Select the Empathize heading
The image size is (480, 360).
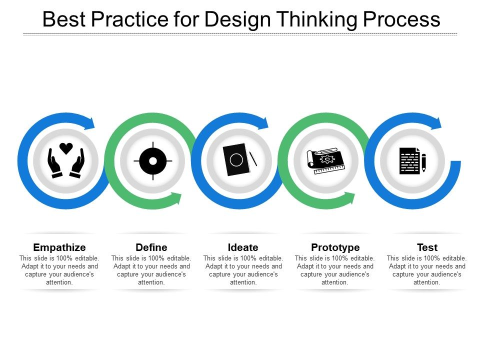point(59,247)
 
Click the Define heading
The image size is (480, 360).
point(151,247)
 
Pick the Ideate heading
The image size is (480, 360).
point(243,247)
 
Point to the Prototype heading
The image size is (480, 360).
point(335,247)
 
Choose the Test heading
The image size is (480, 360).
point(427,247)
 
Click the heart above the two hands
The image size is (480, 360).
point(66,148)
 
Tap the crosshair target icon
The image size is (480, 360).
point(153,161)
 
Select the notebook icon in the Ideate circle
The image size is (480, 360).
point(236,160)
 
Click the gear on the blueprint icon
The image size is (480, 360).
point(327,159)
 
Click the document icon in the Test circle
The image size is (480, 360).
point(409,160)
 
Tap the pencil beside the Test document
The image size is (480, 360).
point(423,162)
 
